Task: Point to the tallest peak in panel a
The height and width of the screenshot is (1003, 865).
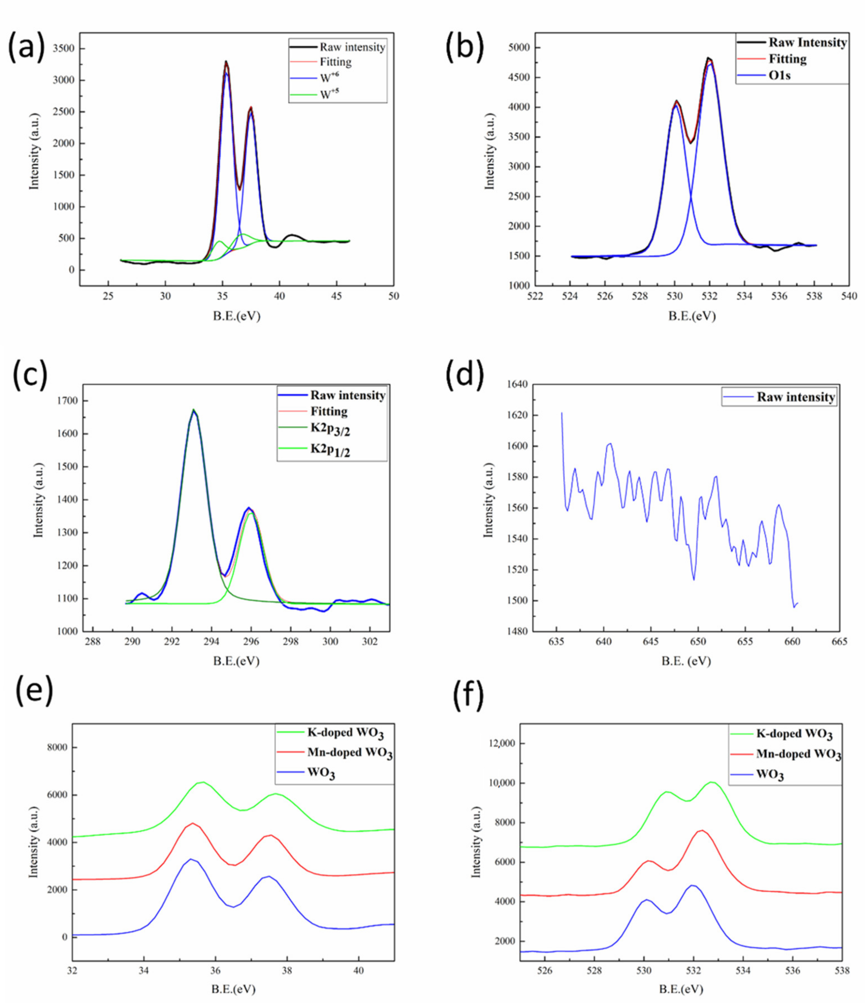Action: (226, 62)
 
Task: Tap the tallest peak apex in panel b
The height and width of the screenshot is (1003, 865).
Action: (708, 58)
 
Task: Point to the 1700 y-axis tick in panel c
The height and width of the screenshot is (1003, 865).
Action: (66, 401)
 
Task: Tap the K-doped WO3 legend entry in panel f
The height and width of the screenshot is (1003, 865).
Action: (794, 734)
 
